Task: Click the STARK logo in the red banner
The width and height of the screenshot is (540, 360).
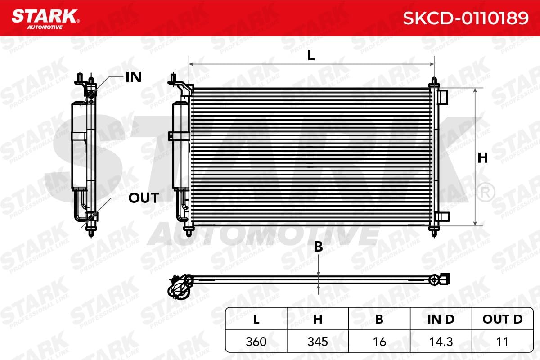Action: tap(45, 19)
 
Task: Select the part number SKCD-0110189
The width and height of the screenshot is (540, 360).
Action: tap(466, 18)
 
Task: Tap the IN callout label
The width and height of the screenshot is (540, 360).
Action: tap(134, 77)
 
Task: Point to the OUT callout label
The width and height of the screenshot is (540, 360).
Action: tap(144, 198)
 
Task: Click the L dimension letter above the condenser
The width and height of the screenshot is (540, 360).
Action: tap(311, 56)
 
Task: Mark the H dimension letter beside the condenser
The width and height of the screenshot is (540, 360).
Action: tap(483, 158)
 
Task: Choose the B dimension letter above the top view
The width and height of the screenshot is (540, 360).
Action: tap(319, 247)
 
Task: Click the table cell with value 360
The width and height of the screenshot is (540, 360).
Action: tap(256, 342)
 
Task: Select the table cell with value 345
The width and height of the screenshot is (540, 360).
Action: tap(318, 342)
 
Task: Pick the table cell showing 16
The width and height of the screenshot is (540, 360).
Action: tap(379, 342)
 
